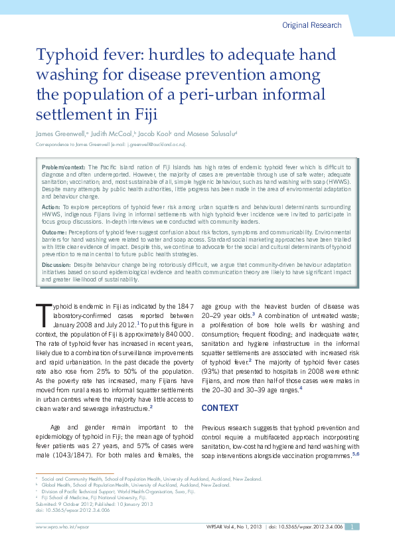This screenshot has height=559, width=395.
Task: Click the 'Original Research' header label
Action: pos(312,25)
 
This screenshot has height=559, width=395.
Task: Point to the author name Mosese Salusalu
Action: pos(206,133)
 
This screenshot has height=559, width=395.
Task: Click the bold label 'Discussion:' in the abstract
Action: pos(58,264)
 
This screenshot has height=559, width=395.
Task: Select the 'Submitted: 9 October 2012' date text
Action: pos(66,504)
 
